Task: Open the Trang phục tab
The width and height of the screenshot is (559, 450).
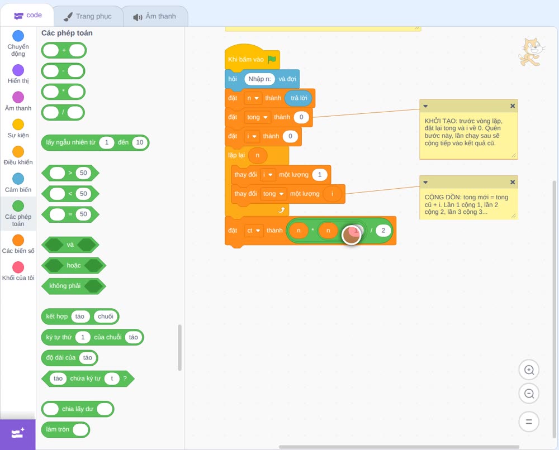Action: (88, 16)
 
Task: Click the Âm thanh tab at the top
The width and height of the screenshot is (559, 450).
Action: (155, 16)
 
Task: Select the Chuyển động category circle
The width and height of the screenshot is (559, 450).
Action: (18, 36)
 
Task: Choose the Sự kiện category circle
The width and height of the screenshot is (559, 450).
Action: (18, 125)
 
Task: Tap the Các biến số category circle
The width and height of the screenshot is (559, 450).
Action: (18, 240)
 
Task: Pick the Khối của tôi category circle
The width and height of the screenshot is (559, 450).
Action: (18, 267)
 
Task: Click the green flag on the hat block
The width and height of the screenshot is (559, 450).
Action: (272, 59)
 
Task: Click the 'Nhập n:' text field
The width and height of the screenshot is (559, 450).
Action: (259, 79)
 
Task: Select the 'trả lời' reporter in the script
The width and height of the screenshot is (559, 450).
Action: (299, 98)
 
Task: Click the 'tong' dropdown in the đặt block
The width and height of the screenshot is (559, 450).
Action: (257, 117)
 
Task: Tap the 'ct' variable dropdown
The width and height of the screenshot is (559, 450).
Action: (253, 231)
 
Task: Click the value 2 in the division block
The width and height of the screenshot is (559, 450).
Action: (383, 231)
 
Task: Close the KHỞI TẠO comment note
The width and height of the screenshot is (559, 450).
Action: (512, 106)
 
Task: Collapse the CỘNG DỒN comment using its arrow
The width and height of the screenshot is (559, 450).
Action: (425, 182)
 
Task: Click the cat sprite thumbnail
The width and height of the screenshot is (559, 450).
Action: (531, 52)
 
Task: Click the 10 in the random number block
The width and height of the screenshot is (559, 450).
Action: (139, 142)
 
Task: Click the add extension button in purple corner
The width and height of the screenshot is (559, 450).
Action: (17, 434)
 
